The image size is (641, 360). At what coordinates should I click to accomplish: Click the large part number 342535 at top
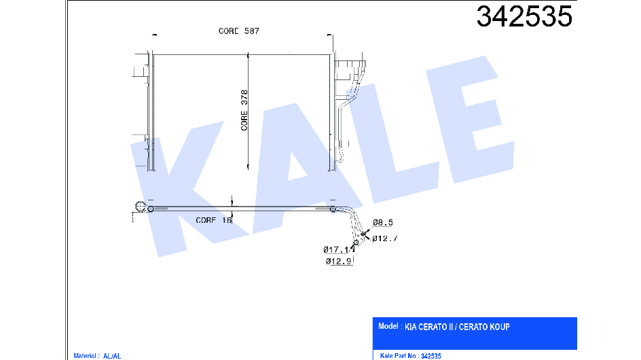[524, 17]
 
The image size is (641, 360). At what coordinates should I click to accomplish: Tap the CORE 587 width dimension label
[239, 31]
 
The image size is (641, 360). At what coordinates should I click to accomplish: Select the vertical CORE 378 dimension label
[244, 110]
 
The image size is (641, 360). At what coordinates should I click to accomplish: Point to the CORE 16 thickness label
[214, 220]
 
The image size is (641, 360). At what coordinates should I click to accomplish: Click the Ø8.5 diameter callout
[383, 223]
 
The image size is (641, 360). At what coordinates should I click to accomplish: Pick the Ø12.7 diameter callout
[385, 238]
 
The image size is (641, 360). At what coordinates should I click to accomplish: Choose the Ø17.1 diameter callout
[336, 249]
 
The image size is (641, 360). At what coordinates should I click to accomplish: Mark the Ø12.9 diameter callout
[339, 261]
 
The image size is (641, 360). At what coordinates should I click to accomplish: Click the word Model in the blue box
[388, 326]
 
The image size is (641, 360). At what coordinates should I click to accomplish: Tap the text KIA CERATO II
[429, 327]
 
